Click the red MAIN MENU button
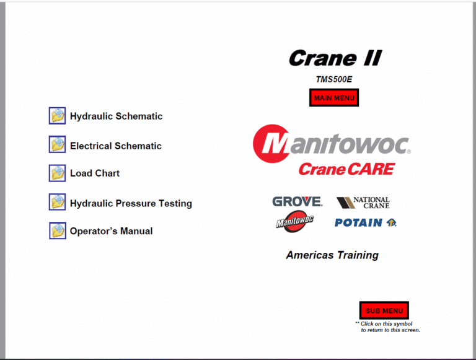point(334,98)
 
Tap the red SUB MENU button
point(384,310)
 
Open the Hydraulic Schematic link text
point(116,116)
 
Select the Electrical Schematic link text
point(115,146)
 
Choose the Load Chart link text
point(94,173)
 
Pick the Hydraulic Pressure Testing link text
point(131,203)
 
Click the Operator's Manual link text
point(111,231)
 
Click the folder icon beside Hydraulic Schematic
point(57,115)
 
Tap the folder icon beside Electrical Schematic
point(57,144)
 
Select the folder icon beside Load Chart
point(57,173)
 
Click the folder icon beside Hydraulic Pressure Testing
point(57,202)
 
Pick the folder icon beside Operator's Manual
point(57,230)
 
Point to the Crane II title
point(335,59)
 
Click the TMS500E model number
point(334,79)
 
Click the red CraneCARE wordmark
point(346,168)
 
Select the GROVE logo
point(297,201)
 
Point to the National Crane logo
point(363,203)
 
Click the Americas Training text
point(332,255)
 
